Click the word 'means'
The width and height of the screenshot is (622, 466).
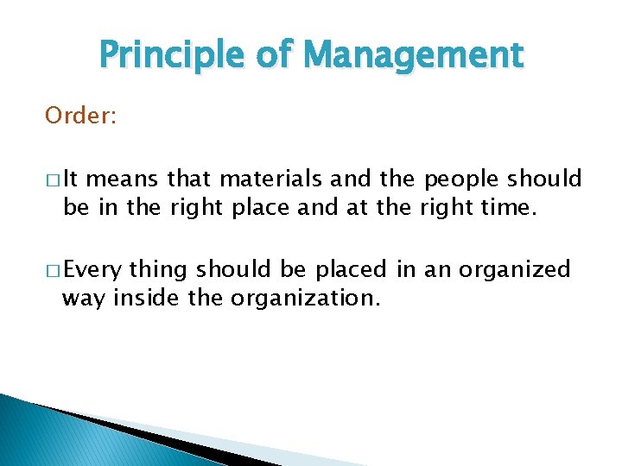(124, 179)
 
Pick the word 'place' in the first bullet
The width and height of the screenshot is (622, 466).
(253, 207)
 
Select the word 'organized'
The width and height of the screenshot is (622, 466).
(515, 271)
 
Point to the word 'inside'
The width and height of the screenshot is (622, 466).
(141, 299)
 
